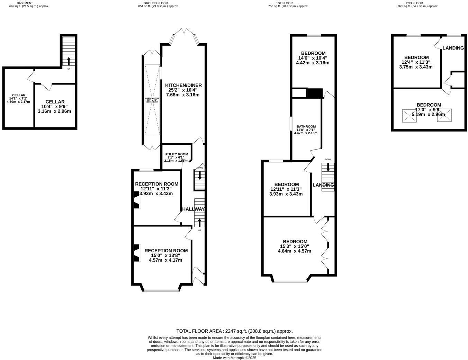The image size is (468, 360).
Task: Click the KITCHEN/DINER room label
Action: tap(183, 85)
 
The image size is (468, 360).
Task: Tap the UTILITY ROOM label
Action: tap(176, 154)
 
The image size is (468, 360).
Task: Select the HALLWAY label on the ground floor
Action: tap(193, 209)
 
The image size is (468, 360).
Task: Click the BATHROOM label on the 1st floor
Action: tap(306, 126)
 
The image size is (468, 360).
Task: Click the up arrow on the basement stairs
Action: tap(68, 61)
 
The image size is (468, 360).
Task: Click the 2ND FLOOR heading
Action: tap(415, 3)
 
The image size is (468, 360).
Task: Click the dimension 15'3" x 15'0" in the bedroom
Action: tap(295, 246)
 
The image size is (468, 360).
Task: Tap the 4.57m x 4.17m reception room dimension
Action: tap(165, 260)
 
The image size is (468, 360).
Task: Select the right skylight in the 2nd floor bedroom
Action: tap(444, 116)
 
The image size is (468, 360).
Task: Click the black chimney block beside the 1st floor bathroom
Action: tap(314, 93)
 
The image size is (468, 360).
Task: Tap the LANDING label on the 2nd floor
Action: tap(453, 48)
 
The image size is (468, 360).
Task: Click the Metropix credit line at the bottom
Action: tap(234, 358)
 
